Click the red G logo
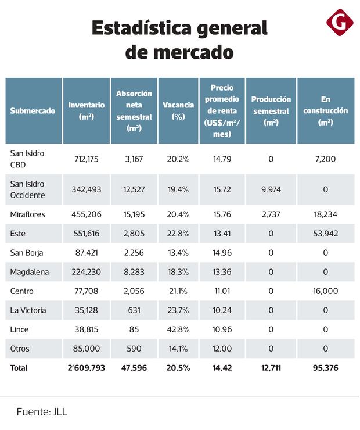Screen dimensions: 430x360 pos(340,22)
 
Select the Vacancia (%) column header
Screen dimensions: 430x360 pos(178,110)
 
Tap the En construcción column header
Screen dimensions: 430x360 pos(326,110)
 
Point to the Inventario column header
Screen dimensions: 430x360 pos(87,110)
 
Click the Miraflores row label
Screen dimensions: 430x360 pos(28,214)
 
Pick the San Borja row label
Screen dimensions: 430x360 pos(27,253)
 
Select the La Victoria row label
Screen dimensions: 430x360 pos(28,310)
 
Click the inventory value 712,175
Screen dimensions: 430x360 pos(87,159)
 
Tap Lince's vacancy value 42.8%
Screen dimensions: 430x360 pos(178,329)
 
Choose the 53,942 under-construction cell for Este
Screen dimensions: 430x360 pos(326,234)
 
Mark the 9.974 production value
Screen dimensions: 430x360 pos(271,189)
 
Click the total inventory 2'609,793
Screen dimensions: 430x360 pos(87,368)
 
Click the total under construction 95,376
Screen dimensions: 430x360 pos(326,368)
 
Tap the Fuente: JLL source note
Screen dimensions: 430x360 pos(42,411)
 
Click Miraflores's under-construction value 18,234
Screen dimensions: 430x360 pos(326,214)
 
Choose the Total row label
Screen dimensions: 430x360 pos(19,368)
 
